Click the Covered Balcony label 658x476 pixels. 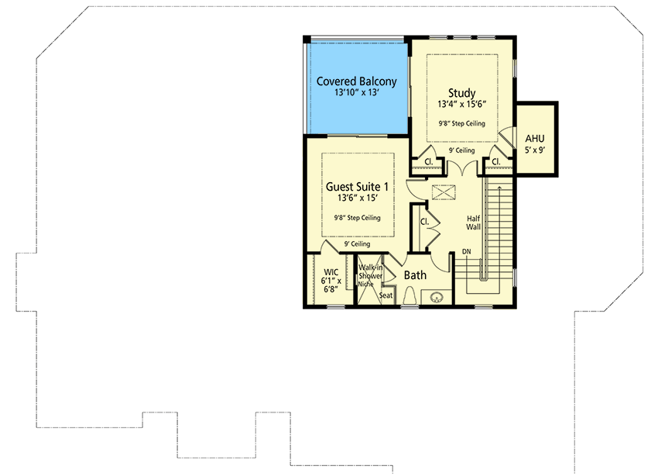356,81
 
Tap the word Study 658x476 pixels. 461,94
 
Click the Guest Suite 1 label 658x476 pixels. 357,186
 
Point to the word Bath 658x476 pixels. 416,274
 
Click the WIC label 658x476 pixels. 331,271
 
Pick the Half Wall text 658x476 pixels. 474,222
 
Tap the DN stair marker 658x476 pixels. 467,252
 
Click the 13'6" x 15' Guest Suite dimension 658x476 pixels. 357,198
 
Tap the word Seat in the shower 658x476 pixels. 386,295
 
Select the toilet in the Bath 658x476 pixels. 412,296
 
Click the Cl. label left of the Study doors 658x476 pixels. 427,161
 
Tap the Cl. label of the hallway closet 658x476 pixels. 425,221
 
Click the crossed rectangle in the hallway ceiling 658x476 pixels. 444,192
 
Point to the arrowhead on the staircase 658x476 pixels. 500,187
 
